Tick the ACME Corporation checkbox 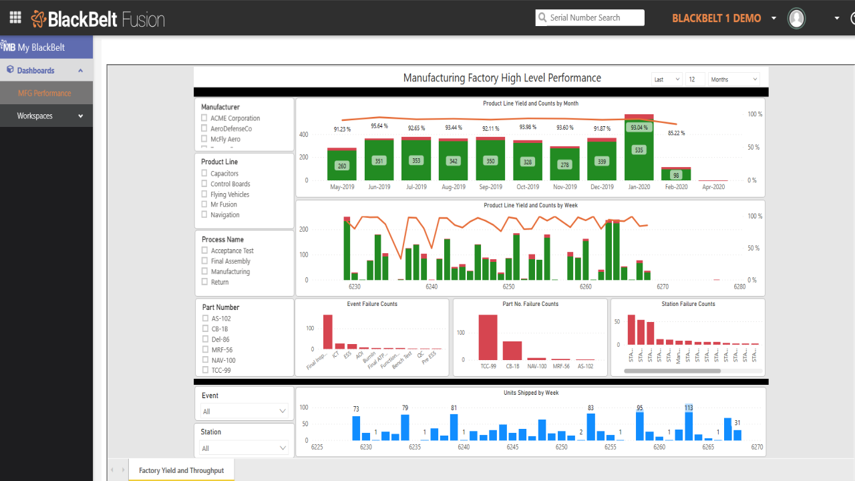pyautogui.click(x=204, y=118)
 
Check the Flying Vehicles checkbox pyautogui.click(x=204, y=194)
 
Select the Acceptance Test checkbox pyautogui.click(x=205, y=251)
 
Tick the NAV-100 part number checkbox pyautogui.click(x=206, y=360)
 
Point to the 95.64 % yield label pyautogui.click(x=379, y=126)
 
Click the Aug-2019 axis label pyautogui.click(x=454, y=187)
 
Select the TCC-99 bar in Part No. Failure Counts pyautogui.click(x=488, y=337)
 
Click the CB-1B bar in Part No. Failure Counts pyautogui.click(x=512, y=351)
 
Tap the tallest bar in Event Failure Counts pyautogui.click(x=328, y=332)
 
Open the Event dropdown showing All pyautogui.click(x=244, y=412)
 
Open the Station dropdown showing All pyautogui.click(x=244, y=448)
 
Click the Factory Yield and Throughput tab pyautogui.click(x=181, y=470)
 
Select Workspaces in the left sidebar pyautogui.click(x=47, y=116)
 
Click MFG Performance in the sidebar pyautogui.click(x=45, y=94)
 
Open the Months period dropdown pyautogui.click(x=734, y=79)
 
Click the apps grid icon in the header pyautogui.click(x=15, y=18)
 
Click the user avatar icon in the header pyautogui.click(x=796, y=18)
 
